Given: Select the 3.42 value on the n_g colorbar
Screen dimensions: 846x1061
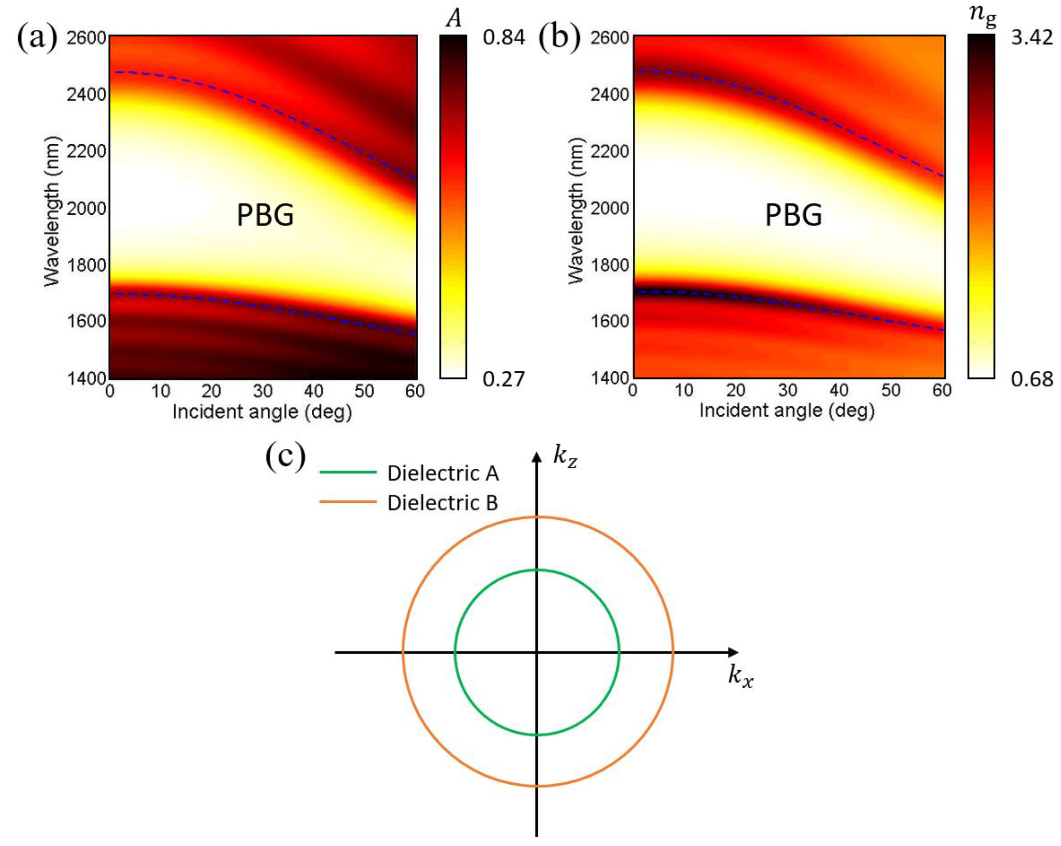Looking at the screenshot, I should (x=1032, y=37).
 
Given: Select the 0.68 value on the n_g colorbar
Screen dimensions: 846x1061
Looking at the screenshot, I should (x=1032, y=379).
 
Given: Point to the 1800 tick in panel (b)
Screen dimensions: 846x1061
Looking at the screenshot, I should (x=610, y=265).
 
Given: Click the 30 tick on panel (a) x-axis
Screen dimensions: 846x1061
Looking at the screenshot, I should (x=262, y=392).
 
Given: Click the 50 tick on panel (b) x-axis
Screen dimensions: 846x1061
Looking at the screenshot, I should (x=891, y=391).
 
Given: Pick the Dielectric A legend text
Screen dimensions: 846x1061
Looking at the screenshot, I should (x=442, y=473).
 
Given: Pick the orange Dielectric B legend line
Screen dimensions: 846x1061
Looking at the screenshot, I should (x=348, y=502).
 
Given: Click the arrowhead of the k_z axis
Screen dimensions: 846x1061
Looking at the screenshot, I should (x=537, y=457).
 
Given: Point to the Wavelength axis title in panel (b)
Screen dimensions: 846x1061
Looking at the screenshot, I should (x=576, y=210).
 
